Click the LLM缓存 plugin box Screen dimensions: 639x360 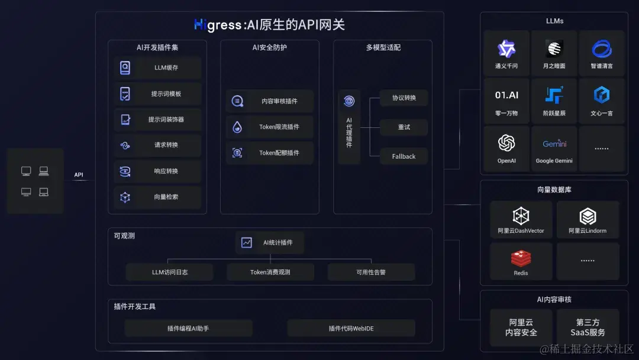click(x=157, y=67)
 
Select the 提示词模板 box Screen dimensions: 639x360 click(x=157, y=94)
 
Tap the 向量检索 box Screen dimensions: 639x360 click(x=157, y=197)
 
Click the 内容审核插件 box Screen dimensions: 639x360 click(x=270, y=101)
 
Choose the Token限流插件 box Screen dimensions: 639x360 click(x=270, y=127)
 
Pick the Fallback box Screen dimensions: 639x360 click(x=404, y=156)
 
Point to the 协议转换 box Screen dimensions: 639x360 click(x=404, y=98)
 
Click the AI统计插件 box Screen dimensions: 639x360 click(x=270, y=243)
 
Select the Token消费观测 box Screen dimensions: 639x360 click(x=270, y=272)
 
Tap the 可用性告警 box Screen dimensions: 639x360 click(x=372, y=272)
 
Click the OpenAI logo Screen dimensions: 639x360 click(x=506, y=143)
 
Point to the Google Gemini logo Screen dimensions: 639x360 click(x=554, y=144)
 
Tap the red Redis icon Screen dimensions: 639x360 click(x=521, y=258)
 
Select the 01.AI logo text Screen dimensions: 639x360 click(x=506, y=95)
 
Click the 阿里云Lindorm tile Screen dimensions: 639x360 click(x=588, y=220)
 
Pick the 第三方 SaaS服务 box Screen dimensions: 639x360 click(x=588, y=327)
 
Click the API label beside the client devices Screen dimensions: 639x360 click(x=79, y=175)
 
